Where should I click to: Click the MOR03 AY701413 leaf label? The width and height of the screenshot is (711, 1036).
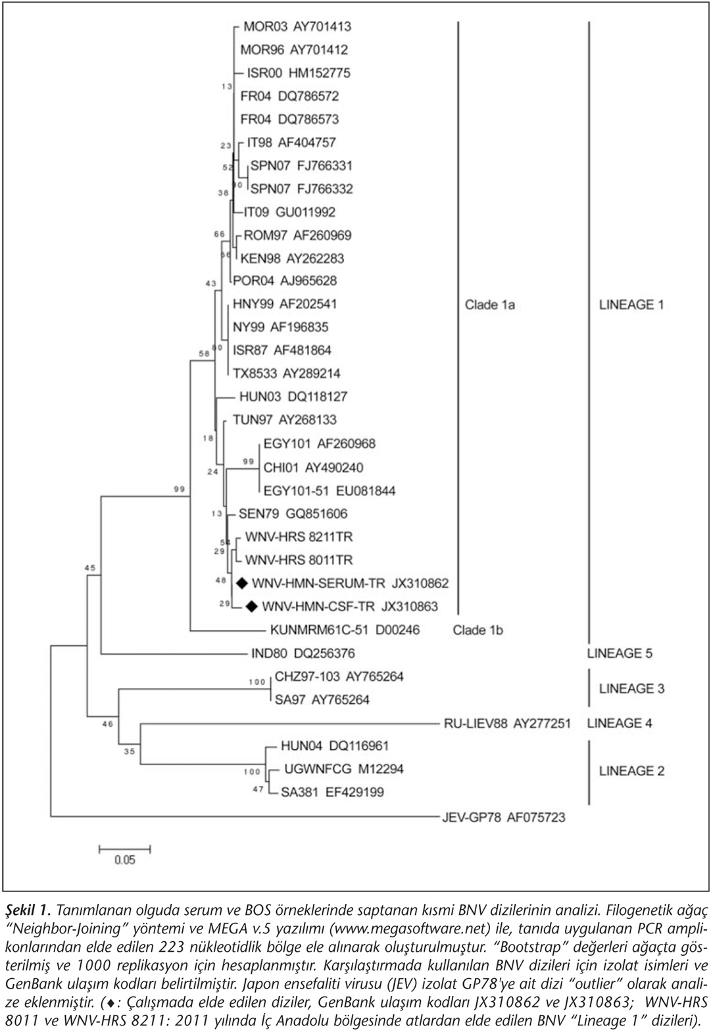pyautogui.click(x=297, y=26)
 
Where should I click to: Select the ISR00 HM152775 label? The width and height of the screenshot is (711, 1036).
pyautogui.click(x=299, y=72)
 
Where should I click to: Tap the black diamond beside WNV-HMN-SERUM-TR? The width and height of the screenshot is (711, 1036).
pyautogui.click(x=242, y=583)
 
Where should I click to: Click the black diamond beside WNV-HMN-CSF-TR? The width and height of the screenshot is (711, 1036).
pyautogui.click(x=251, y=606)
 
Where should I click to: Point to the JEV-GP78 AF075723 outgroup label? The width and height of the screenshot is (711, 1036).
pyautogui.click(x=504, y=817)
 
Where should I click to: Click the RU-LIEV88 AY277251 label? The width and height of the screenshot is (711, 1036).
pyautogui.click(x=508, y=723)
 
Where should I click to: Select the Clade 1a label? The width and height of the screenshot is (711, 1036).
pyautogui.click(x=490, y=305)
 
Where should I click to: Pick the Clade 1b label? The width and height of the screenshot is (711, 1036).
pyautogui.click(x=478, y=630)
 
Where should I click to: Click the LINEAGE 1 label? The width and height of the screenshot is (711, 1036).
pyautogui.click(x=631, y=305)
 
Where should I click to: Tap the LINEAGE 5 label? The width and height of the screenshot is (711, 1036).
pyautogui.click(x=620, y=653)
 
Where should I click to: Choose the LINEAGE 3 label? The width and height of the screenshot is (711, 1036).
pyautogui.click(x=632, y=688)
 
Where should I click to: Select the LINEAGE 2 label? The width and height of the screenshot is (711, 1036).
pyautogui.click(x=632, y=770)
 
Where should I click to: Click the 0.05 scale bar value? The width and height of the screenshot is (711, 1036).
pyautogui.click(x=125, y=860)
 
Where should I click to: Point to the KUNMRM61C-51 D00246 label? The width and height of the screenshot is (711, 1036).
pyautogui.click(x=345, y=629)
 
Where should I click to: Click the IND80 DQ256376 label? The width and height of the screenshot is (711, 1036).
pyautogui.click(x=303, y=653)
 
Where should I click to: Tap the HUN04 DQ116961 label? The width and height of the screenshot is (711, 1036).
pyautogui.click(x=335, y=745)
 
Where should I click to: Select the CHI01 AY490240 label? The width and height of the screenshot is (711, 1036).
pyautogui.click(x=313, y=468)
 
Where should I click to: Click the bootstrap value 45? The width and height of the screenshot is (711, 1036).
pyautogui.click(x=90, y=568)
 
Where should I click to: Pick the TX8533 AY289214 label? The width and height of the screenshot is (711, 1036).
pyautogui.click(x=286, y=373)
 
